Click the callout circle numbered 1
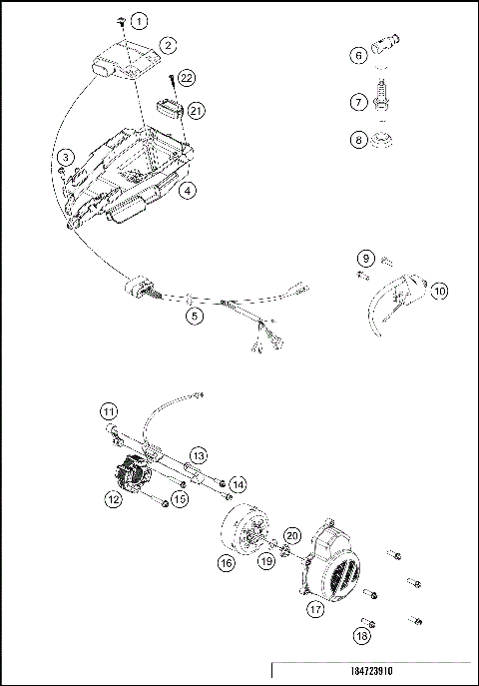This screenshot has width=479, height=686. click(139, 21)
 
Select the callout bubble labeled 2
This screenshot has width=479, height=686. click(168, 45)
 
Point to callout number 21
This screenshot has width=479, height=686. click(197, 110)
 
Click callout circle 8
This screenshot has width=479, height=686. click(358, 141)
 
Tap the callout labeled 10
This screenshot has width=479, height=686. click(439, 292)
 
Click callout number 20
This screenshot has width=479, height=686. click(292, 537)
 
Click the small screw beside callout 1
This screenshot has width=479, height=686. click(119, 20)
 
